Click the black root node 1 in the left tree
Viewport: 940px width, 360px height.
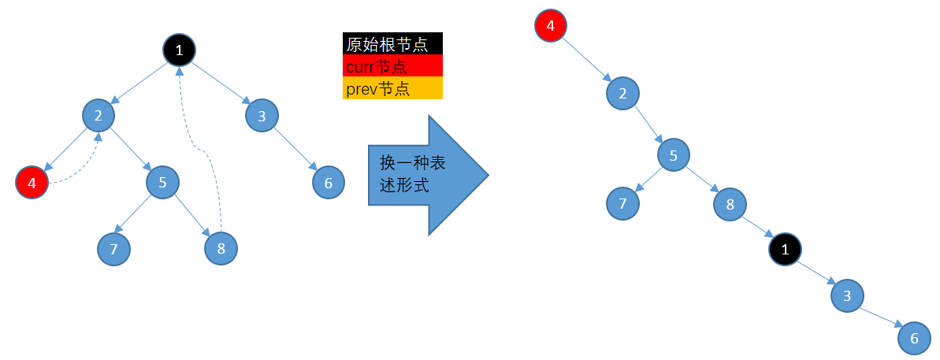pos(180,51)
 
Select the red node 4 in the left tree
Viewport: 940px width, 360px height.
pos(32,183)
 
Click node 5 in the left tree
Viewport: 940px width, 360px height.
pos(162,183)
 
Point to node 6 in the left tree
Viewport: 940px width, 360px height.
pos(328,183)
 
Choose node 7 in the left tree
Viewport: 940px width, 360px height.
pos(113,250)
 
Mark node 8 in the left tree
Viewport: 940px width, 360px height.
pos(221,250)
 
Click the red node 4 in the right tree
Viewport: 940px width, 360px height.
pos(550,25)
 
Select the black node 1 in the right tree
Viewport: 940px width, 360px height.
pos(785,250)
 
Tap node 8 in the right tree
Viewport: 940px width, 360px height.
pos(730,205)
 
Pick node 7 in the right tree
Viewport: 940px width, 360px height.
pos(622,205)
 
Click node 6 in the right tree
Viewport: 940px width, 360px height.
pos(914,338)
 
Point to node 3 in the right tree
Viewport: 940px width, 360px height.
pos(847,295)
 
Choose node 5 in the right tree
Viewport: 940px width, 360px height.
pos(674,155)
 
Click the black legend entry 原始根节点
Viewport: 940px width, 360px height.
pos(392,43)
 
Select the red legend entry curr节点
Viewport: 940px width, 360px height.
pos(392,66)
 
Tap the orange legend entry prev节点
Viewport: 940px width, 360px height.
pos(392,88)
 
